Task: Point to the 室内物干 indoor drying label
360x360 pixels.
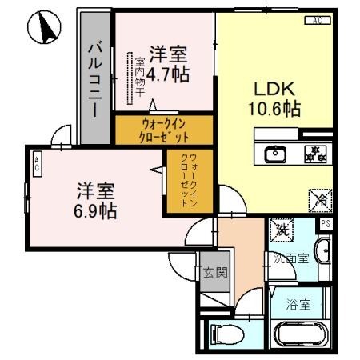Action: (139, 78)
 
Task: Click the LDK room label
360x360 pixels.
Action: (271, 87)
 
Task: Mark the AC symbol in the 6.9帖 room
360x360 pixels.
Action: (37, 164)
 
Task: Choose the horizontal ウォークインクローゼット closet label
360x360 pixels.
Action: (164, 129)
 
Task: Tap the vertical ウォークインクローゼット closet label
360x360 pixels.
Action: (189, 181)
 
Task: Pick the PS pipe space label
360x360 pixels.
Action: (325, 224)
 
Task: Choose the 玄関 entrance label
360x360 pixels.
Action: (214, 272)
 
